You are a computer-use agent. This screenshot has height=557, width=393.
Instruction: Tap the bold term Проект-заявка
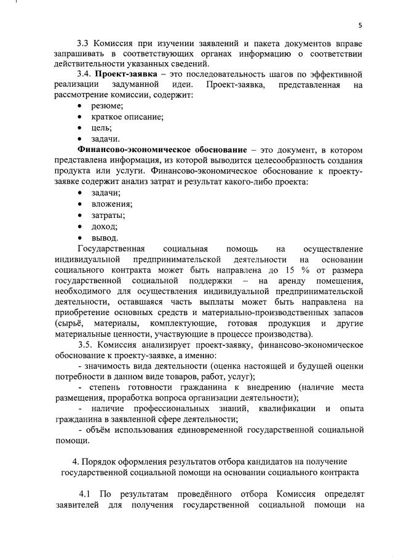tap(121, 73)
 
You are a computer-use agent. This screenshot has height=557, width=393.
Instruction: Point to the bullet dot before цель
tap(81, 127)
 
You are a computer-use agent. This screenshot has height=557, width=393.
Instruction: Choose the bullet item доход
tap(105, 226)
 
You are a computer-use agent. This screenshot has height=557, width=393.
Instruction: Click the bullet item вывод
tap(105, 237)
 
